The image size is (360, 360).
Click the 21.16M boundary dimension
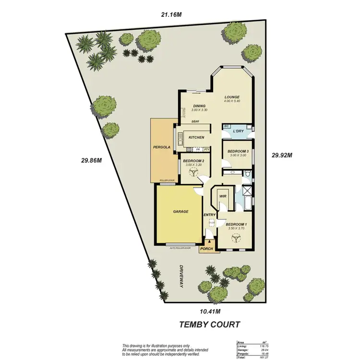pos(171,15)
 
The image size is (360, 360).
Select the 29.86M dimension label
pos(91,160)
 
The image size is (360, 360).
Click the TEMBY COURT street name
pos(209,324)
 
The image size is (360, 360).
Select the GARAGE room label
pos(180,211)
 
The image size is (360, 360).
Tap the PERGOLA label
pos(161,147)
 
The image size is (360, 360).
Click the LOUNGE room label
pos(231,97)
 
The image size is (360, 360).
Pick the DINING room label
pos(199,106)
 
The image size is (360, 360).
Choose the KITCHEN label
pos(197,138)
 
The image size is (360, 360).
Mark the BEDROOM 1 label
pos(236,225)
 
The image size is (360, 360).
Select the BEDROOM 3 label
pos(238,151)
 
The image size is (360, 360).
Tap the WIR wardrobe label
pos(223,196)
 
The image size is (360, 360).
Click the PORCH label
pos(206,249)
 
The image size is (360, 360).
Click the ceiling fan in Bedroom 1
pos(236,239)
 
